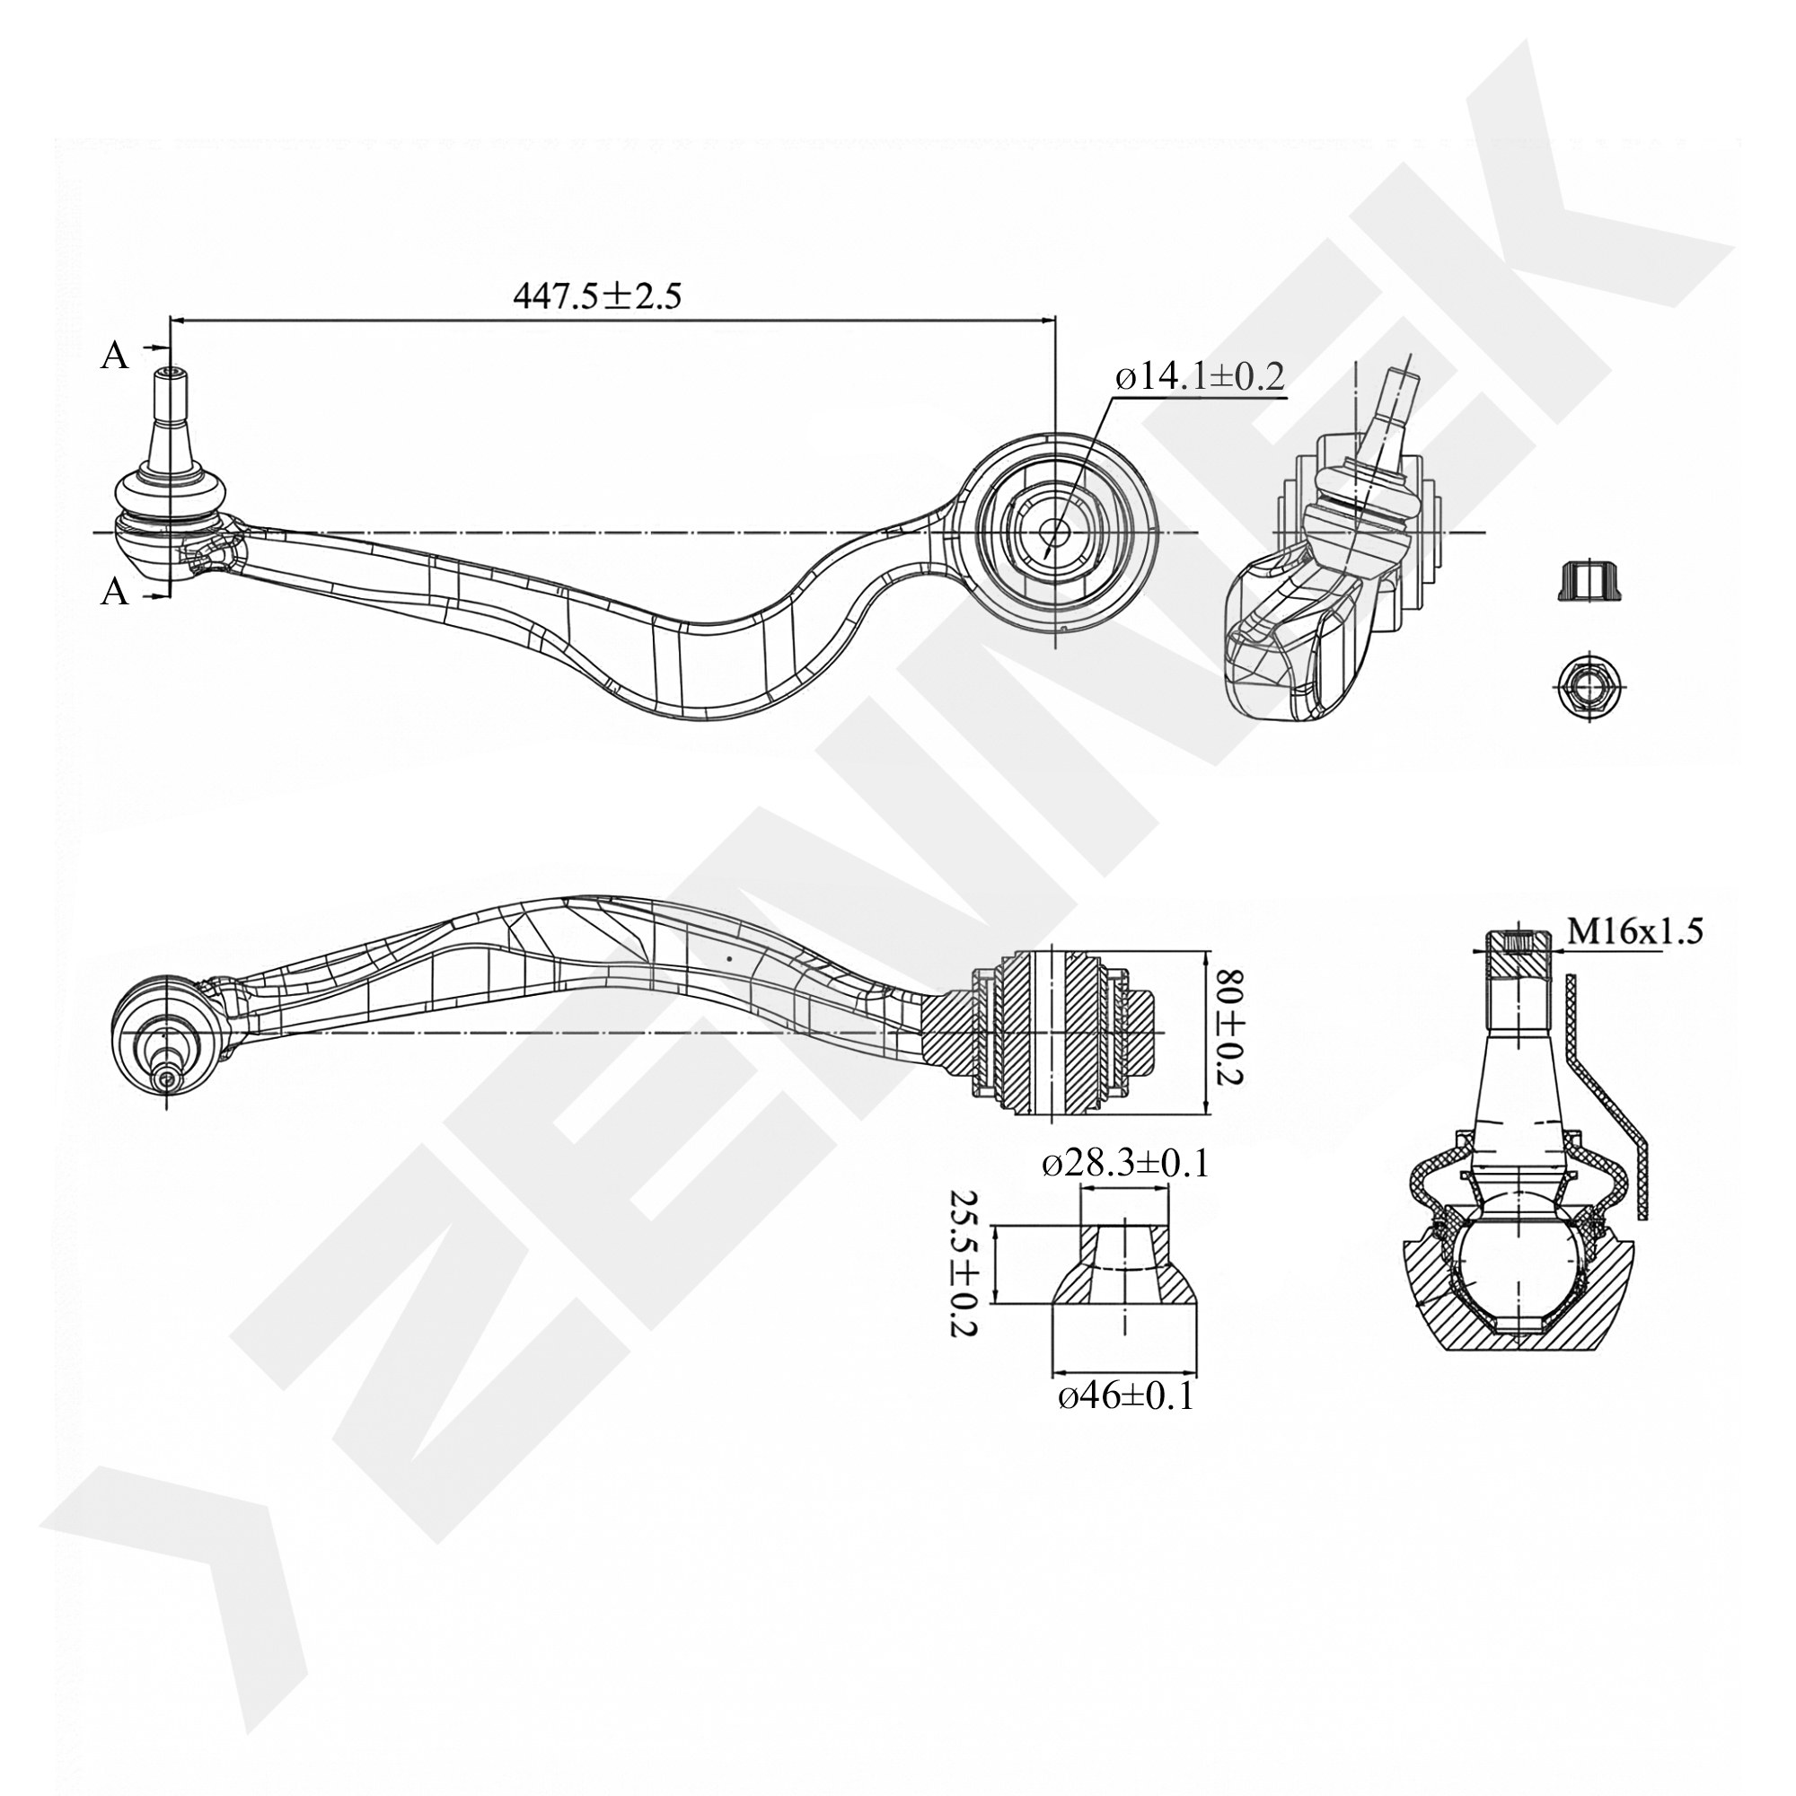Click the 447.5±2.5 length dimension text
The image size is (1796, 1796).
tap(597, 295)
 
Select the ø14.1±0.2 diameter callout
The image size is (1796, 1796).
tap(1200, 377)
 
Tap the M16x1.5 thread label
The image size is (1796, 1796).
tap(1634, 930)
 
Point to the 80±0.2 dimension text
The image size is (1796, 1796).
tap(1230, 1029)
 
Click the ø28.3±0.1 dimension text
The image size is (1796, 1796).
tap(1125, 1164)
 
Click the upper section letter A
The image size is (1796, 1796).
tap(113, 355)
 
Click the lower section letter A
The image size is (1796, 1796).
tap(113, 590)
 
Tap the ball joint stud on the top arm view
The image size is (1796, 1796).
tap(168, 409)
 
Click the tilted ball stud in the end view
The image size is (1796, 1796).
tap(1395, 418)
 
